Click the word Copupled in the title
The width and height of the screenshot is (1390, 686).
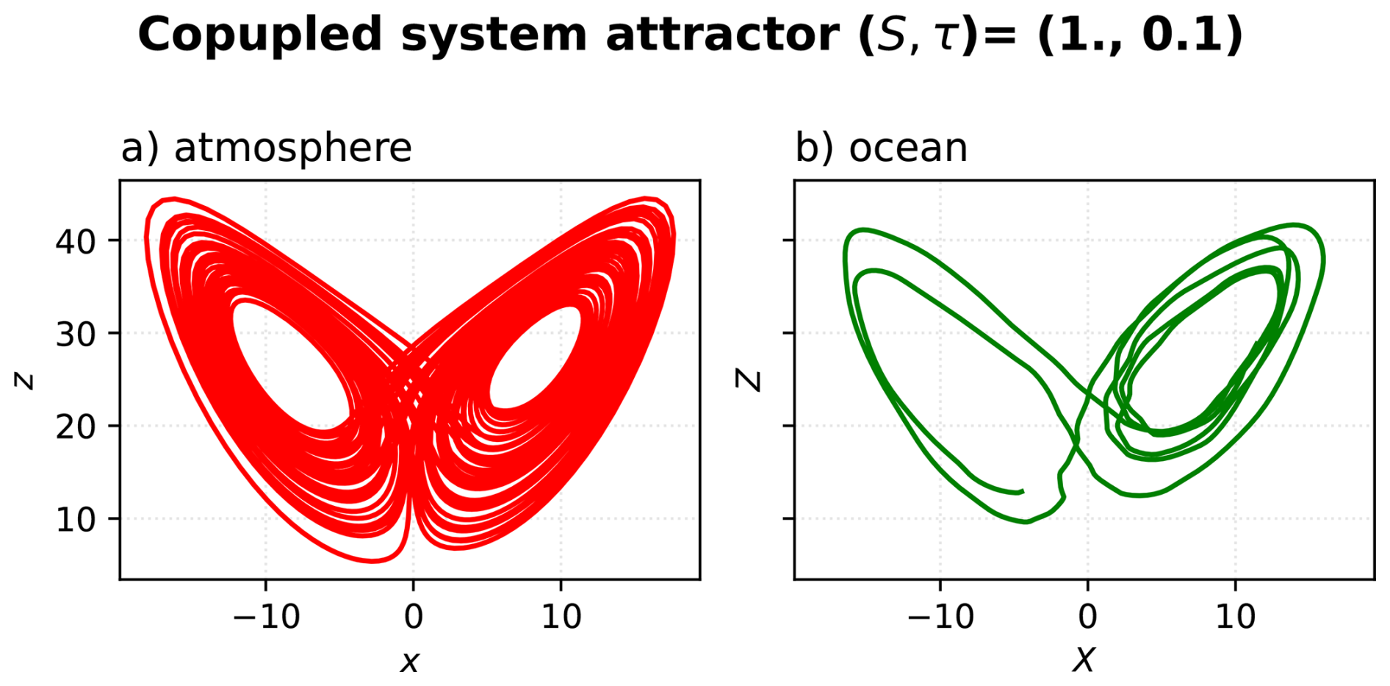(260, 35)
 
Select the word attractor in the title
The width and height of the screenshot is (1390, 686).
(721, 35)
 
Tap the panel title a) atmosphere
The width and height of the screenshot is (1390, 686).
(266, 148)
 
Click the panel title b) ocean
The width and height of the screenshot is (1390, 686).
(881, 148)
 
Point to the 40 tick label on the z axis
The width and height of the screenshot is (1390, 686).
(76, 241)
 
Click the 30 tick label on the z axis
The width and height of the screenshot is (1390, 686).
(76, 335)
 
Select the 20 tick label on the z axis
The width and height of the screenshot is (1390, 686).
(76, 426)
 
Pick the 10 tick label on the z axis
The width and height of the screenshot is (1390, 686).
(76, 520)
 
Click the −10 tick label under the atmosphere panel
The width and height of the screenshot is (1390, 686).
(266, 616)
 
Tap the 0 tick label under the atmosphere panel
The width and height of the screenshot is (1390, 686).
(414, 616)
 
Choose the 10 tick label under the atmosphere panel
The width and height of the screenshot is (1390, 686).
(561, 616)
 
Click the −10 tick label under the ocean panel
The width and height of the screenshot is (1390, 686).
(940, 616)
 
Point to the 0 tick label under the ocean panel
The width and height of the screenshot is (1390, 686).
(1088, 616)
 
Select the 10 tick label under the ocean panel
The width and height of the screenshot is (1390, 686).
(1236, 616)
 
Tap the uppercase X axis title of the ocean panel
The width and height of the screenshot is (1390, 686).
(1084, 660)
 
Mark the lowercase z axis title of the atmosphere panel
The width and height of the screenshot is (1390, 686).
(25, 379)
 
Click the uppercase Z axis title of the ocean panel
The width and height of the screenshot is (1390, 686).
(749, 379)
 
